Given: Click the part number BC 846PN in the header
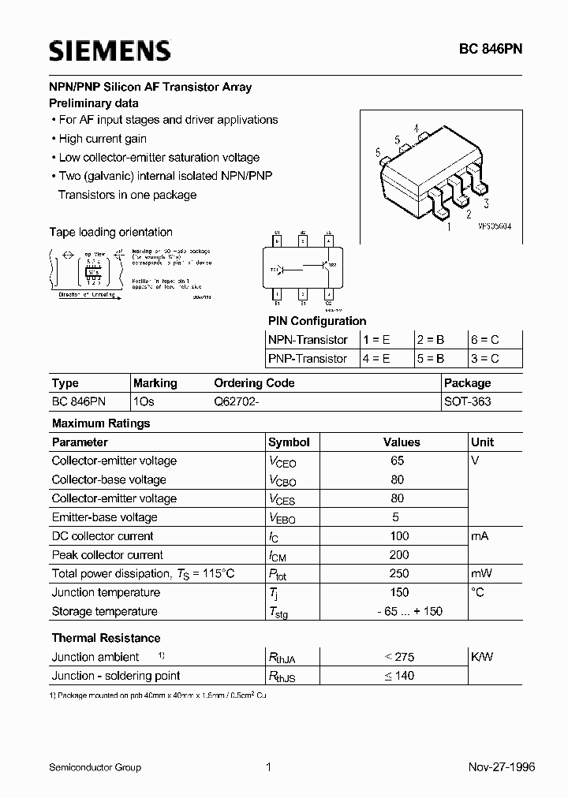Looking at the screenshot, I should [491, 49].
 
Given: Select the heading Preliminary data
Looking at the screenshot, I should [94, 103].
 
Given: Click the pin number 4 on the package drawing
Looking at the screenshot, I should [416, 128].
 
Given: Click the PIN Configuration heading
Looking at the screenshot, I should [317, 321].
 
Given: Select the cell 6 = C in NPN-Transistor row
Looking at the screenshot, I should [484, 340].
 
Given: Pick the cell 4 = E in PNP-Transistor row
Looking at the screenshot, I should [376, 359].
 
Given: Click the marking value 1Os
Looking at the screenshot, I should [144, 402].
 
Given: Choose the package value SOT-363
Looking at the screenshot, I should [468, 402].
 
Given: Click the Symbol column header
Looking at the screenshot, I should [289, 442].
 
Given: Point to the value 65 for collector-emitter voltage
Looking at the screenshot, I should [397, 461].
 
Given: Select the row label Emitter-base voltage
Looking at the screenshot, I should [104, 517].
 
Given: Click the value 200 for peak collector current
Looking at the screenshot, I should [398, 555].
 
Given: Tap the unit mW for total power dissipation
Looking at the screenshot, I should [481, 574].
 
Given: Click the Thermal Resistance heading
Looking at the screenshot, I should [106, 638].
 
